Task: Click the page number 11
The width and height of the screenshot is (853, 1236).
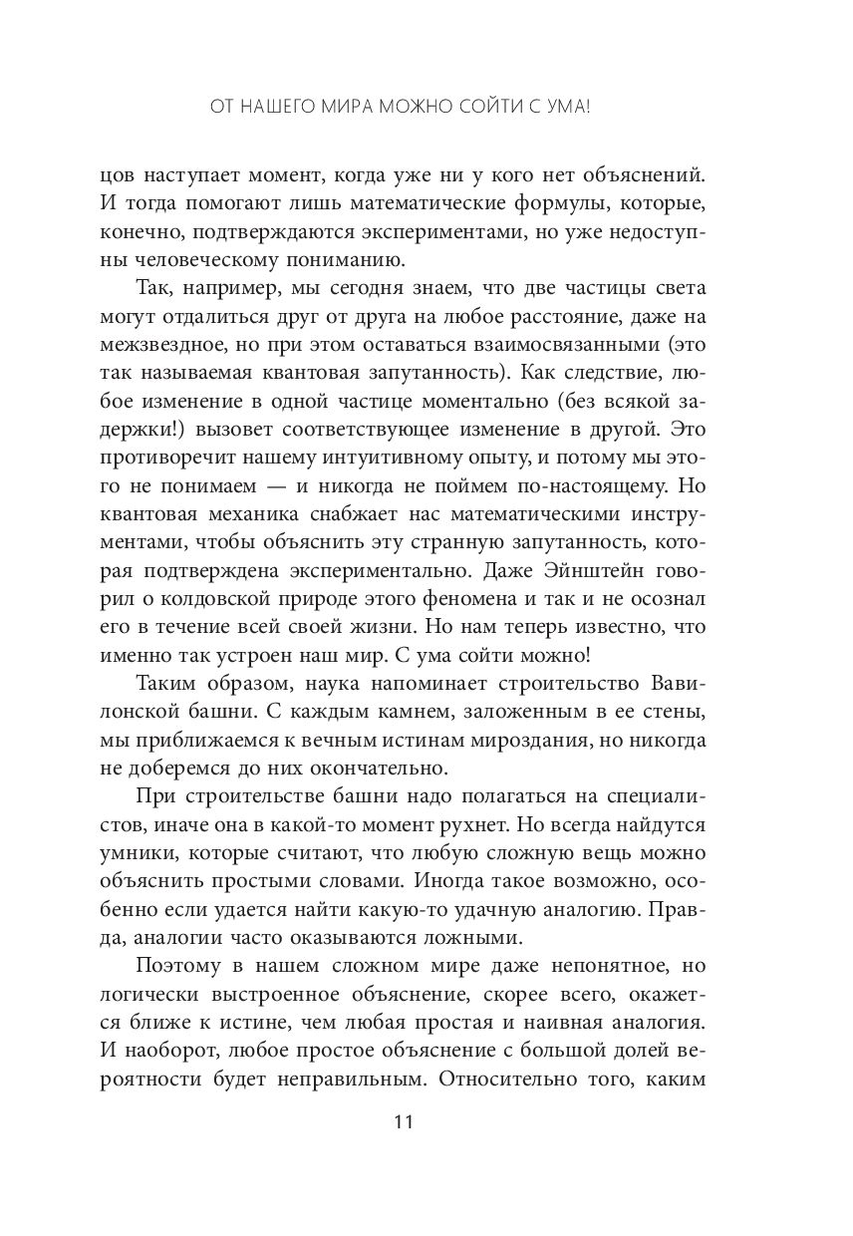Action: pos(403,1121)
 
